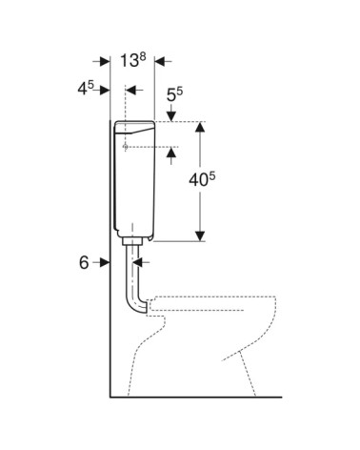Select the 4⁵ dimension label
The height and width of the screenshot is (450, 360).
(86, 88)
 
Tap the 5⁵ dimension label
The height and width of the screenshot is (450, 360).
(174, 93)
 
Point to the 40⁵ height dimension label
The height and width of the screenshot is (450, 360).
(202, 180)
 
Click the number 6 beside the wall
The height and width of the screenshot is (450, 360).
(84, 263)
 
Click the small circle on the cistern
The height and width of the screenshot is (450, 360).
(126, 147)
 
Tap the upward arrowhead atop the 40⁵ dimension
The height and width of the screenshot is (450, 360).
(200, 127)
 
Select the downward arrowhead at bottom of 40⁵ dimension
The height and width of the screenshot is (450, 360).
(200, 236)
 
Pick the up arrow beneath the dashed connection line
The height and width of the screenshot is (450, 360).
(171, 153)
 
